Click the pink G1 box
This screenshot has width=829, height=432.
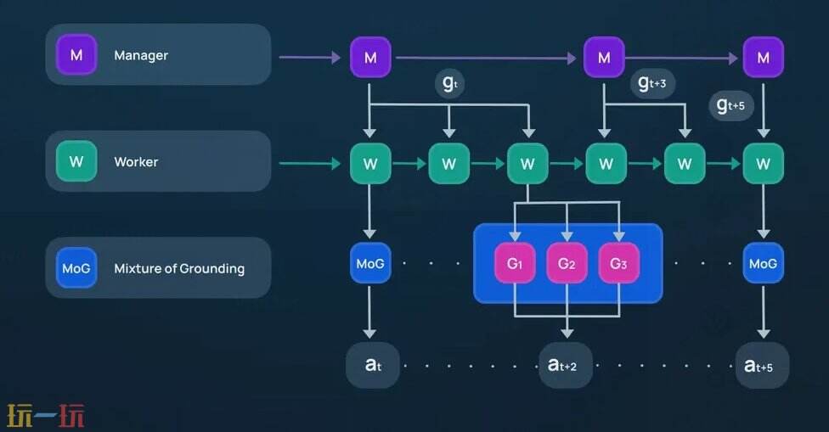[x=515, y=264]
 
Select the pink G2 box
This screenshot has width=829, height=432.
[x=567, y=264]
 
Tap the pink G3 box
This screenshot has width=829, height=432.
[x=618, y=264]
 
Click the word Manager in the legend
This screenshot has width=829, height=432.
[x=141, y=55]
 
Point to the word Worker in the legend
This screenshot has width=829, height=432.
[x=136, y=161]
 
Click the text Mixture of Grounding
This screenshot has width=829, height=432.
[x=179, y=268]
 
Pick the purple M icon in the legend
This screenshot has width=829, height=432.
[x=76, y=55]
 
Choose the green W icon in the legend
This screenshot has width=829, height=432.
[x=76, y=161]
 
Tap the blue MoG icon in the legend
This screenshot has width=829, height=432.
[x=76, y=268]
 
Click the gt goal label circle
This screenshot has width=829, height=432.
[x=449, y=84]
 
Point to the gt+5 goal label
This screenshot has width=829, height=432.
[x=731, y=105]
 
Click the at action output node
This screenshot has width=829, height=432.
[x=371, y=365]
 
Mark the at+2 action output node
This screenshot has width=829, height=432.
[x=562, y=365]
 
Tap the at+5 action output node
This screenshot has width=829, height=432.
[x=761, y=366]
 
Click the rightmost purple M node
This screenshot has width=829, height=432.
[x=763, y=58]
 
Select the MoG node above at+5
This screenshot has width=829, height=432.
[x=763, y=264]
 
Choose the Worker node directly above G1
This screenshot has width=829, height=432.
[x=527, y=164]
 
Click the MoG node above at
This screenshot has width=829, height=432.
[x=370, y=264]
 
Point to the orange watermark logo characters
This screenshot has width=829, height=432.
[x=46, y=416]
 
